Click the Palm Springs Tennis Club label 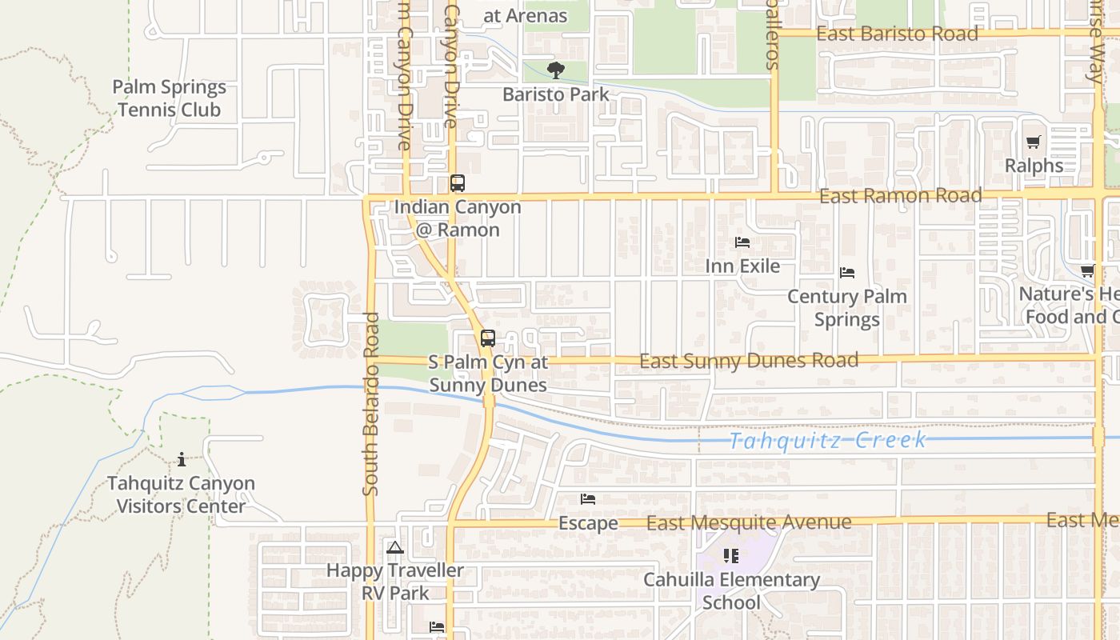point(169,98)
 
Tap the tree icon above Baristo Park point(556,70)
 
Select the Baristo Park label point(556,94)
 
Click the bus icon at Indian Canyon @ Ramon point(458,183)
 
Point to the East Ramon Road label point(901,196)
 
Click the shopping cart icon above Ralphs point(1034,142)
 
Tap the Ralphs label point(1034,166)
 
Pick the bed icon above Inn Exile point(742,242)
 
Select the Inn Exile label point(742,266)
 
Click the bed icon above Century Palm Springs point(847,273)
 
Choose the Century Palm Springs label point(847,308)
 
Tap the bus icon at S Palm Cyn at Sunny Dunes point(488,338)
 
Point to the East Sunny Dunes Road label point(749,361)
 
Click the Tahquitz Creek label point(828,440)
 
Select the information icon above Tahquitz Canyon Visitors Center point(182,459)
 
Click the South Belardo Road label point(370,404)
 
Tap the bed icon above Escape point(588,499)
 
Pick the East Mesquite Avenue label point(749,522)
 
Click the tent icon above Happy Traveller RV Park point(394,548)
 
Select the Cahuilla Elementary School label point(731,590)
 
